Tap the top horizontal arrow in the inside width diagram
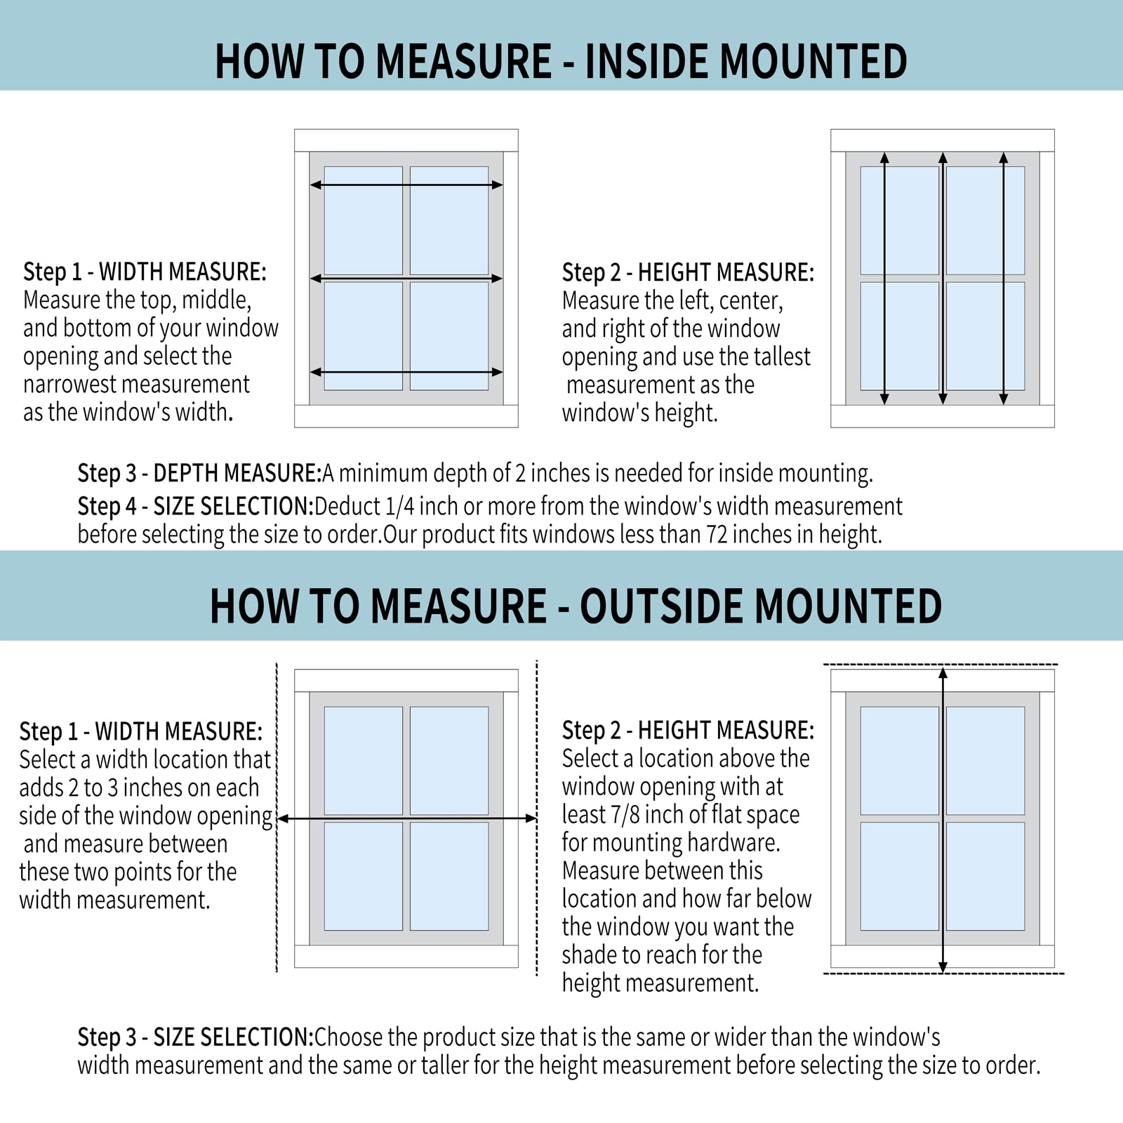pyautogui.click(x=406, y=185)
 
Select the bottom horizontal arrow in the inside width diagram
pyautogui.click(x=406, y=372)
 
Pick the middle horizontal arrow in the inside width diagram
pyautogui.click(x=406, y=279)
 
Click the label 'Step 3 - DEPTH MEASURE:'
pyautogui.click(x=199, y=473)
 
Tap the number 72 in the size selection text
pyautogui.click(x=717, y=535)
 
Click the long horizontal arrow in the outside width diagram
pyautogui.click(x=407, y=818)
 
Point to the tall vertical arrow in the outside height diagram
pyautogui.click(x=943, y=819)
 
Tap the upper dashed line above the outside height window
pyautogui.click(x=941, y=664)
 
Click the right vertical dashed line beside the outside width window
pyautogui.click(x=537, y=818)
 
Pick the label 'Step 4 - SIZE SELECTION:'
pyautogui.click(x=196, y=506)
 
